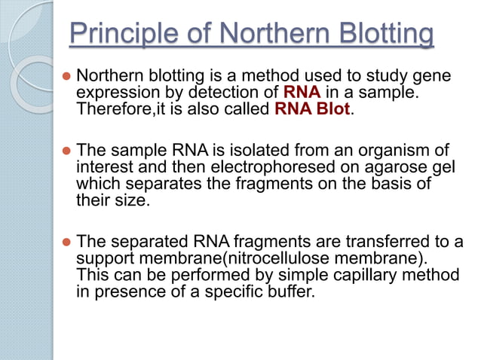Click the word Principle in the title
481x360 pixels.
coord(121,35)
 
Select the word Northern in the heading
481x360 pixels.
coord(258,35)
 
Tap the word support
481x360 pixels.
coord(103,258)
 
